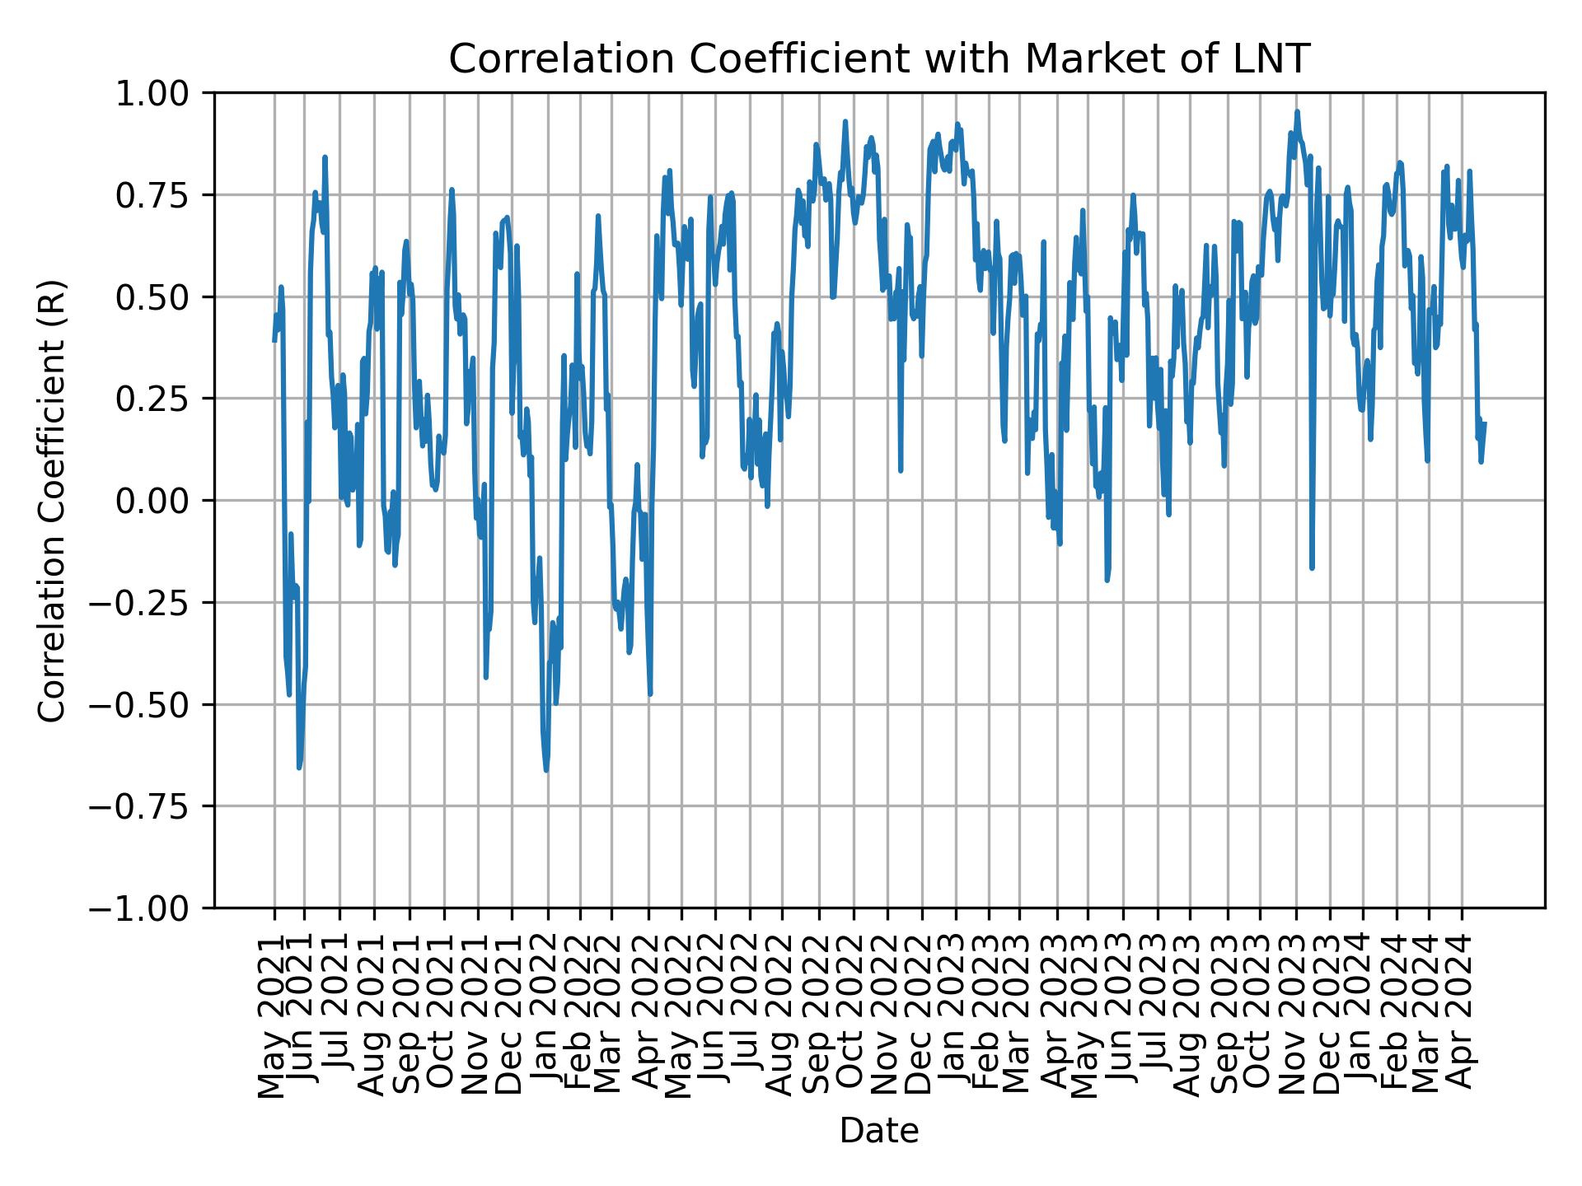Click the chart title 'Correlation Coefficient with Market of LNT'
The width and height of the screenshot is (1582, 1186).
878,59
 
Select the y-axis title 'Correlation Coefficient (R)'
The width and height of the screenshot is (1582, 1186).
51,500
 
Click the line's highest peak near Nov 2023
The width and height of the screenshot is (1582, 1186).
1297,111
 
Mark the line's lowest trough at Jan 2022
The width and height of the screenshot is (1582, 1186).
546,770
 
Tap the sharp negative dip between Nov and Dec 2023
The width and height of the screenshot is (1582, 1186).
1312,567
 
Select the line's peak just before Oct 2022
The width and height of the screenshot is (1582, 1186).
845,122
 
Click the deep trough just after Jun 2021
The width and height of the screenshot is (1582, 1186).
299,768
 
